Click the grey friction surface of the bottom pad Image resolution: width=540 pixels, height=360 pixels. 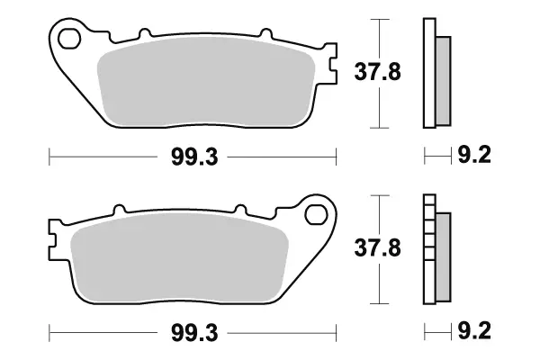click(180, 261)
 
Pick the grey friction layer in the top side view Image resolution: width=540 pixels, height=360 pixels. click(443, 81)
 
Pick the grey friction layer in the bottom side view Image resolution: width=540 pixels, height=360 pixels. click(443, 256)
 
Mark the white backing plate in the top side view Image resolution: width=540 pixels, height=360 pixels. click(429, 72)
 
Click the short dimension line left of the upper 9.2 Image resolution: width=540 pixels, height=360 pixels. click(436, 158)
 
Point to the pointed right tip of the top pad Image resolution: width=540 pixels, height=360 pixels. click(334, 68)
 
